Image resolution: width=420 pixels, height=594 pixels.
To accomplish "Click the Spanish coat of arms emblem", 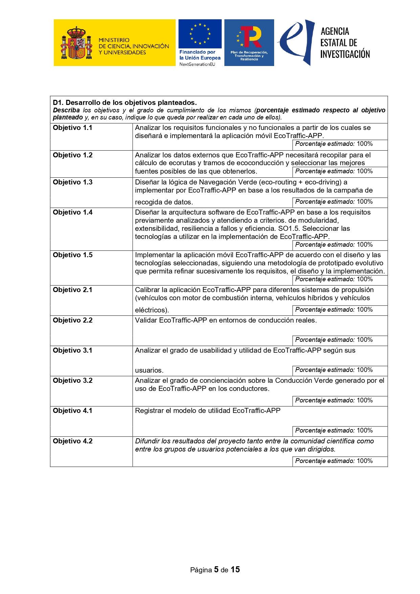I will tap(76, 43).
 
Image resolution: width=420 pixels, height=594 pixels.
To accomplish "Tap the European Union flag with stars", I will tap(200, 34).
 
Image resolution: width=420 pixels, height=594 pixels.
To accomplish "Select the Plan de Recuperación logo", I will tap(249, 43).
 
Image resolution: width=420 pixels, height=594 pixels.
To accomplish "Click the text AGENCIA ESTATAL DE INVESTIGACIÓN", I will tap(345, 43).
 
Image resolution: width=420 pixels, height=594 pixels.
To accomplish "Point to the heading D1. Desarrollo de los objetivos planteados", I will tap(125, 103).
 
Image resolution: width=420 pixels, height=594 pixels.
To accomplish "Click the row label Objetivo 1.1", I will tap(72, 128).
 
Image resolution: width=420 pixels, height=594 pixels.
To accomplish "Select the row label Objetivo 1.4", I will tap(72, 213).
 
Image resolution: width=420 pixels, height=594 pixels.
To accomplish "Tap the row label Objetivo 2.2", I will tap(72, 321).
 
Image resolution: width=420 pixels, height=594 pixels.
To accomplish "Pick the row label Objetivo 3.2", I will tap(72, 381).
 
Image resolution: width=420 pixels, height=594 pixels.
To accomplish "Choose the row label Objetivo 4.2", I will tap(72, 441).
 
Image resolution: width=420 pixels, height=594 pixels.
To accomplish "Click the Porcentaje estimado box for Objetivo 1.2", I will tap(339, 172).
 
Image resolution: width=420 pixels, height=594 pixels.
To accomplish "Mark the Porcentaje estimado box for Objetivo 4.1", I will tap(339, 431).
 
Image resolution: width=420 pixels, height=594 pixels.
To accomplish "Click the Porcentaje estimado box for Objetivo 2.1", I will tap(339, 310).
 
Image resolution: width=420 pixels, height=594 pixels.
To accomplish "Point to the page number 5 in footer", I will tap(216, 570).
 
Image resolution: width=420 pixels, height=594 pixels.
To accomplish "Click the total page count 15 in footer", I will tap(235, 570).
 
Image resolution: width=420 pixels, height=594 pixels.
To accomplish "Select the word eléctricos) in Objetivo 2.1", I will tap(152, 310).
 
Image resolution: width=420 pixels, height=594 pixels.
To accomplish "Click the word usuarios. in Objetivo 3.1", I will tap(149, 371).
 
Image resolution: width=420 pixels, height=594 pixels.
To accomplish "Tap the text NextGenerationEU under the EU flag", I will tap(197, 64).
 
